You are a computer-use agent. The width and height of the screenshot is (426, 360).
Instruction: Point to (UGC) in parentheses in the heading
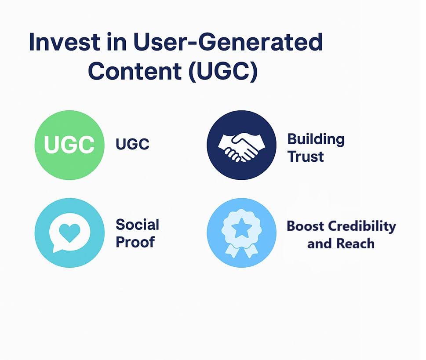point(222,71)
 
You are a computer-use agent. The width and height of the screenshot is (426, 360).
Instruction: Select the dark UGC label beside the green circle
point(132,144)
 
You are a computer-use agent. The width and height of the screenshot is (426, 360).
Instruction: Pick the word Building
point(316,139)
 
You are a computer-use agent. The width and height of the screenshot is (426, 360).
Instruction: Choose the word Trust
point(306,156)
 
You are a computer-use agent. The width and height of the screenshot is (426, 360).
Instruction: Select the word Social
point(137,225)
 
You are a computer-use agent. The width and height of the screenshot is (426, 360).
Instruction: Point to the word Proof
point(135,242)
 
